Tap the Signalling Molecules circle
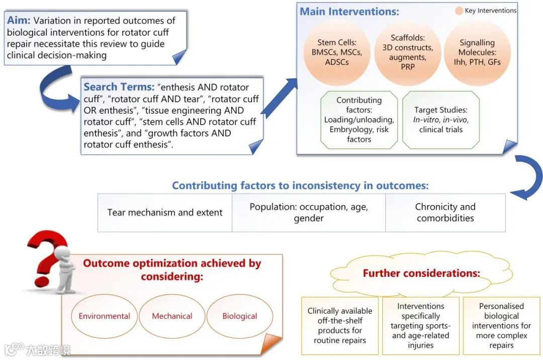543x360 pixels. click(477, 52)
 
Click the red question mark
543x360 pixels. click(48, 256)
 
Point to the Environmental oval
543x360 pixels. click(104, 316)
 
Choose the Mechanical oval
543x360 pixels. click(172, 316)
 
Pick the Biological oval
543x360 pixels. click(240, 316)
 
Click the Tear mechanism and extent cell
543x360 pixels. click(165, 213)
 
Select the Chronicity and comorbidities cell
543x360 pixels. click(445, 213)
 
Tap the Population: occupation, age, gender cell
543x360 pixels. click(309, 213)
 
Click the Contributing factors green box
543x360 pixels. click(359, 120)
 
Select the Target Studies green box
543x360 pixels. click(441, 120)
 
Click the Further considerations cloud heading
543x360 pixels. click(421, 274)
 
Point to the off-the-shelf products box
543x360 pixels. click(340, 325)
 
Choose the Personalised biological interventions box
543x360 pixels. click(501, 325)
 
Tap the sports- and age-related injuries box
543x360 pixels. click(421, 325)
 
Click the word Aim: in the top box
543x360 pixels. click(19, 21)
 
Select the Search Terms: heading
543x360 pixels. click(119, 87)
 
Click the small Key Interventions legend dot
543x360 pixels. click(459, 11)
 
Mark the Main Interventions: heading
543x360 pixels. click(349, 11)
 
